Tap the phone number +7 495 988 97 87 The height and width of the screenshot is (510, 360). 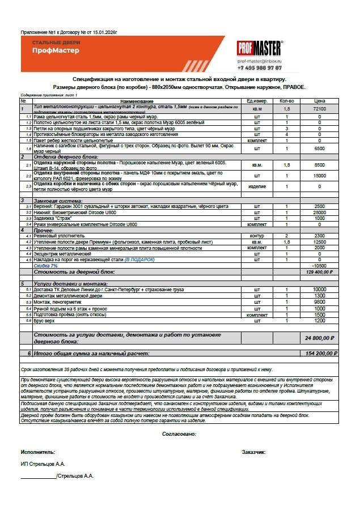tap(260, 67)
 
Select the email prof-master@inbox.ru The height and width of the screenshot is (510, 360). tap(260, 60)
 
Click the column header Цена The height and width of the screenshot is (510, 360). tap(320, 101)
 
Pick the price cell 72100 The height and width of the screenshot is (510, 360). tap(320, 108)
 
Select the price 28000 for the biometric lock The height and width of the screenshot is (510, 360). tap(320, 211)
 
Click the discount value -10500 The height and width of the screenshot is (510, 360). tap(320, 266)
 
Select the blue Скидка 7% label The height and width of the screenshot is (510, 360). tap(46, 266)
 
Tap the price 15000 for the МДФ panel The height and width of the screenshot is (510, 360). tap(320, 176)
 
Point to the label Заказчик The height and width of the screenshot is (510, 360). tap(253, 452)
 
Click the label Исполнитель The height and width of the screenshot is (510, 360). tap(38, 452)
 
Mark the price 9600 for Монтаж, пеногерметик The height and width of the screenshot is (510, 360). tap(320, 302)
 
